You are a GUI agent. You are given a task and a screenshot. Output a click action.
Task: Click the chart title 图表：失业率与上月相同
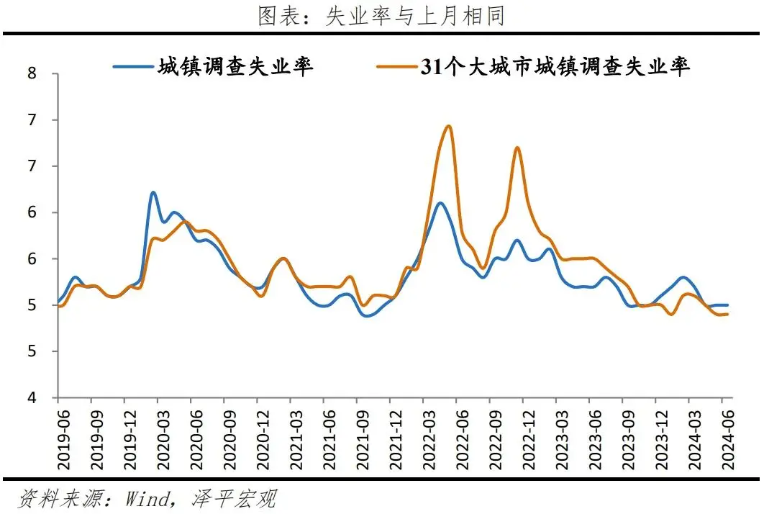tap(381, 16)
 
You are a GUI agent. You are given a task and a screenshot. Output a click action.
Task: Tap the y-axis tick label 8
tap(32, 73)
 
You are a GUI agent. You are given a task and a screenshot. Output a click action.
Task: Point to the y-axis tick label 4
tap(32, 398)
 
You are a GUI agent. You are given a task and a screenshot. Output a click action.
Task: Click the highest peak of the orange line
tap(449, 126)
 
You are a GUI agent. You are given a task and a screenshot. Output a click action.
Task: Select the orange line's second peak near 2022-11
tap(517, 148)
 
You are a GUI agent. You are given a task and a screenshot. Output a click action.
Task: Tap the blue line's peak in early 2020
tap(153, 192)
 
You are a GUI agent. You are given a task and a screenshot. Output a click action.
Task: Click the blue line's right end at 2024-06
tap(727, 305)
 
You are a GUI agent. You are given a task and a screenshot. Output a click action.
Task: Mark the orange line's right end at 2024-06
tap(727, 314)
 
